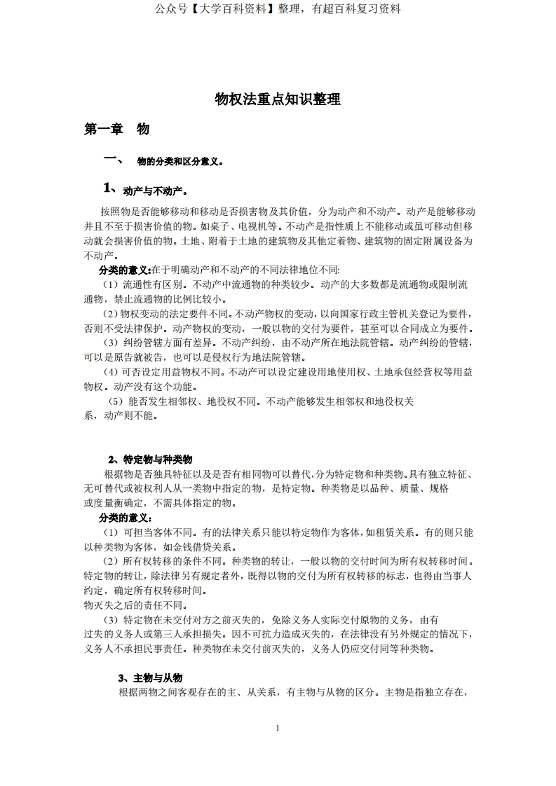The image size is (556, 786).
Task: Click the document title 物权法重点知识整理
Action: pos(278,99)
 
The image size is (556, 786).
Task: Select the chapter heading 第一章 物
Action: pos(116,129)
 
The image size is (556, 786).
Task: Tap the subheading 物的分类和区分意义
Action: pos(179,162)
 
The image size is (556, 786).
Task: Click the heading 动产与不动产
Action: pos(154,191)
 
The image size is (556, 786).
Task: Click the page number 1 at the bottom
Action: pos(278,728)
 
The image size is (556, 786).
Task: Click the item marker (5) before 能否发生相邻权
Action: pos(116,402)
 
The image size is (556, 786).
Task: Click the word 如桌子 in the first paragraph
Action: pos(208,226)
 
